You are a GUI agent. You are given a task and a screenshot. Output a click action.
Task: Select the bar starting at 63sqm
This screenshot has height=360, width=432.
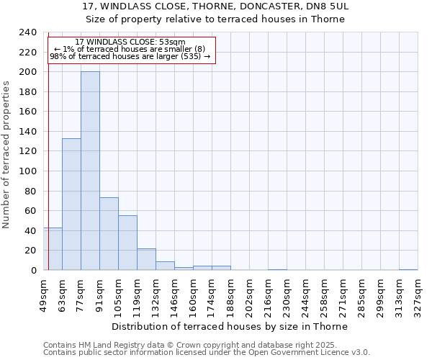pyautogui.click(x=71, y=204)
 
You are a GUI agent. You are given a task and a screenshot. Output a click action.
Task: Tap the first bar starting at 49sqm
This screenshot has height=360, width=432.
pyautogui.click(x=53, y=249)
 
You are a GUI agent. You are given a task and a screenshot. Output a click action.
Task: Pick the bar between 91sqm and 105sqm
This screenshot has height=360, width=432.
pyautogui.click(x=109, y=234)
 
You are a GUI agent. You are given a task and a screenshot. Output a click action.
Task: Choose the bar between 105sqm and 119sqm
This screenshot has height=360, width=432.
pyautogui.click(x=127, y=243)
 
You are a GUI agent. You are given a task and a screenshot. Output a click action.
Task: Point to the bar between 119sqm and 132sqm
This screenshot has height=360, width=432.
pyautogui.click(x=146, y=259)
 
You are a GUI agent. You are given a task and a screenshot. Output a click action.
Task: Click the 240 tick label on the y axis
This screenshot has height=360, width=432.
pyautogui.click(x=27, y=32)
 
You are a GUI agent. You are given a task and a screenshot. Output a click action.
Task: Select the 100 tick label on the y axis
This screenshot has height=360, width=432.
pyautogui.click(x=27, y=171)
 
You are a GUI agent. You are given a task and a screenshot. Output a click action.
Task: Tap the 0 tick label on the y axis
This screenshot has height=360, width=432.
pyautogui.click(x=34, y=271)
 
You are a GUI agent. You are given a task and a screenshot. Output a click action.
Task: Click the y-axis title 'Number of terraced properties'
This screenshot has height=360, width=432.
pyautogui.click(x=6, y=154)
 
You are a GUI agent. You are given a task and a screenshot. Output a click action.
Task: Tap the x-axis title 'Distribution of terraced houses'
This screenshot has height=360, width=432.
pyautogui.click(x=230, y=326)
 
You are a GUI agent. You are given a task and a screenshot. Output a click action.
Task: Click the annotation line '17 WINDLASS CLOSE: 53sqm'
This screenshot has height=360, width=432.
pyautogui.click(x=130, y=42)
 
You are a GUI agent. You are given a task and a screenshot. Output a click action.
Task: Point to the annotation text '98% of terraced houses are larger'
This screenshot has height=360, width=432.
pyautogui.click(x=130, y=56)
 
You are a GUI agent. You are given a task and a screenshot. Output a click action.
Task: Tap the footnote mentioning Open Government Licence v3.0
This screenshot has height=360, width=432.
pyautogui.click(x=207, y=352)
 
